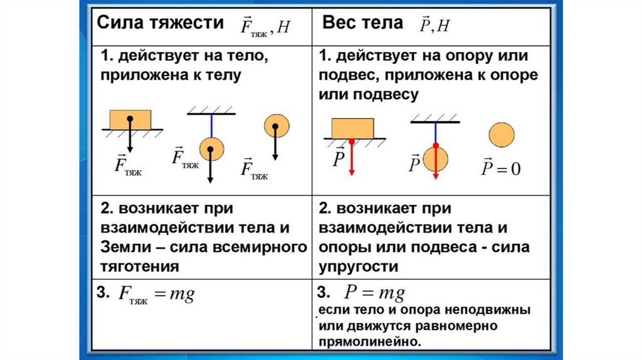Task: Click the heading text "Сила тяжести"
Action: [159, 23]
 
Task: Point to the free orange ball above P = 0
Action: [500, 135]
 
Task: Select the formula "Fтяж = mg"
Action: [157, 295]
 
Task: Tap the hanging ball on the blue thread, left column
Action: [211, 150]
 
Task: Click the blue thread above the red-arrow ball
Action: [434, 132]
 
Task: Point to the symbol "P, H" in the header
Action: [434, 24]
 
